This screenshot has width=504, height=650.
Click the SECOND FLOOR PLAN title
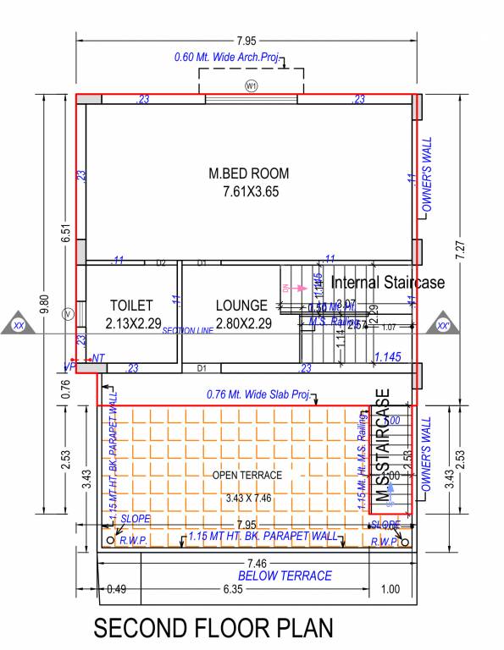click(213, 628)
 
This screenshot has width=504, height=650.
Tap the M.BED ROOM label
click(249, 174)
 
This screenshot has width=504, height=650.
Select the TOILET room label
click(131, 305)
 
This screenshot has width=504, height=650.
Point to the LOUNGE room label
click(241, 305)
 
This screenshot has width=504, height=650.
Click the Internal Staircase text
click(387, 282)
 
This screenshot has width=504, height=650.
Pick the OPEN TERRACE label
click(247, 475)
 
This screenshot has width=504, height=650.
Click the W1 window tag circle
click(251, 85)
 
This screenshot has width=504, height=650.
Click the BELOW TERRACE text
click(285, 576)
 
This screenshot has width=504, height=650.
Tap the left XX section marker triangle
click(18, 324)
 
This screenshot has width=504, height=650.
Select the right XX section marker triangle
click(441, 324)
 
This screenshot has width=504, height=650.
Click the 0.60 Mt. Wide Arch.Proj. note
click(226, 57)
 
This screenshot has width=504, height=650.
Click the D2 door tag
click(160, 263)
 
